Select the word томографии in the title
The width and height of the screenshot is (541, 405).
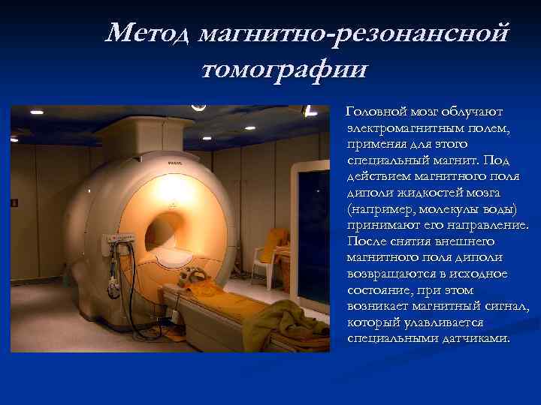coord(285,70)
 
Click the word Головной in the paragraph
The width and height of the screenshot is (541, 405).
coord(374,112)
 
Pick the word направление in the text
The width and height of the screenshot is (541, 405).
coord(482,225)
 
